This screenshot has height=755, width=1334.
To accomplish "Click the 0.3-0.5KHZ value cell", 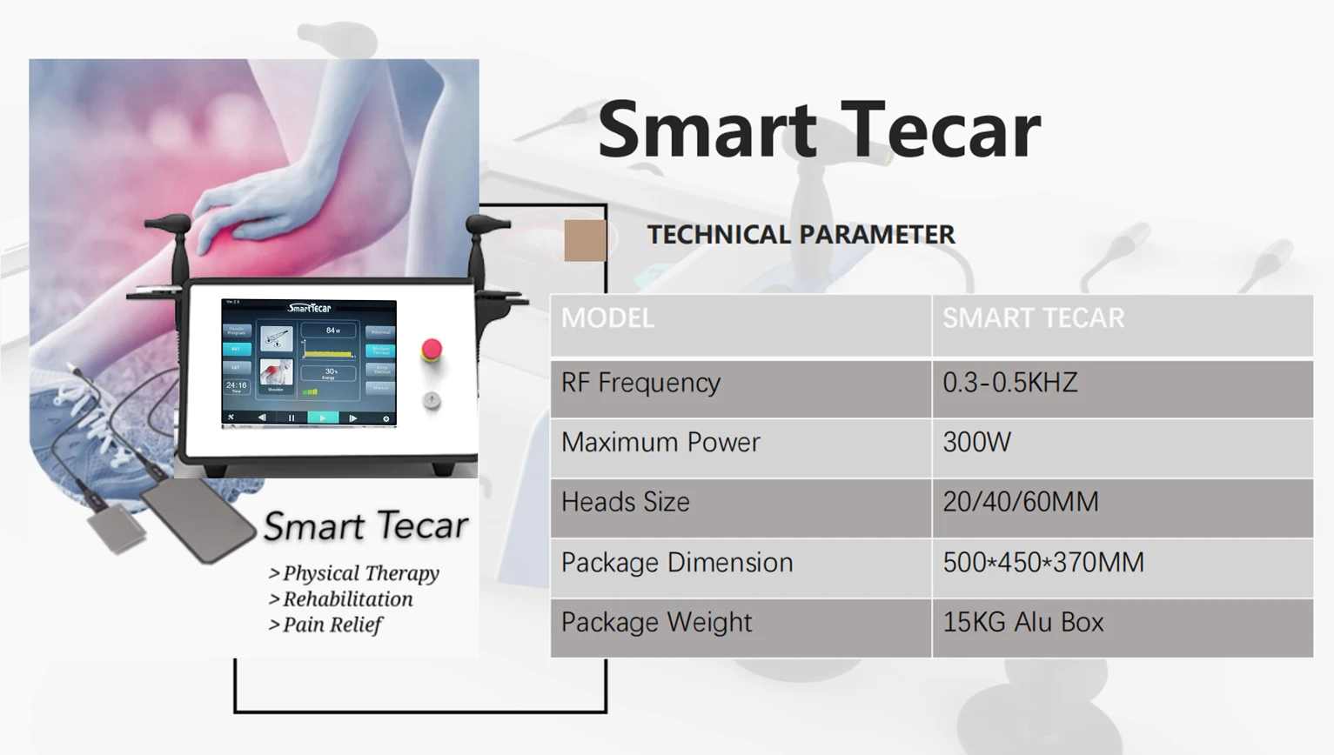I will click(1009, 384).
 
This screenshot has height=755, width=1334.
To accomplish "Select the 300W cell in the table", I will click(976, 443).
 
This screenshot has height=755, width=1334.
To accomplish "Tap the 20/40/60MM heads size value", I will click(1020, 503).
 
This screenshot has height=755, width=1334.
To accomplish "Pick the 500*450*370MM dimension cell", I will click(1042, 563).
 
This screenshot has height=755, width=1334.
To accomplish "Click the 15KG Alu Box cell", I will click(1022, 623).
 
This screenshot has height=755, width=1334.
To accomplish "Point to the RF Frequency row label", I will click(640, 384).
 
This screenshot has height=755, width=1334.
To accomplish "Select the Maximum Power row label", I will click(660, 443).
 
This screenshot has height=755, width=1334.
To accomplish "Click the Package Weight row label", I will click(656, 623).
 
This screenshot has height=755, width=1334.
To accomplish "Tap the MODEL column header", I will click(607, 318).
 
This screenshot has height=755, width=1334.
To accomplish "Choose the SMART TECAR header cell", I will click(1033, 318).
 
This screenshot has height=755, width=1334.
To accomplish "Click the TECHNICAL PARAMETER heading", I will click(801, 235).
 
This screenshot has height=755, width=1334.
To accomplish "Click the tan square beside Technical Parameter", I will click(585, 240).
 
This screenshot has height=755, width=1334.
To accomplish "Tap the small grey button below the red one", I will click(431, 400).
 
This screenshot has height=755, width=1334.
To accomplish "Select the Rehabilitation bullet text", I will click(347, 599).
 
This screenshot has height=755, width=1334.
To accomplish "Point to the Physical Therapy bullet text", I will click(360, 573).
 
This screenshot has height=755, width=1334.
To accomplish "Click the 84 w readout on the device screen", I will click(332, 331).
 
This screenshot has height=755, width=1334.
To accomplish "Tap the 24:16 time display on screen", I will click(237, 385).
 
